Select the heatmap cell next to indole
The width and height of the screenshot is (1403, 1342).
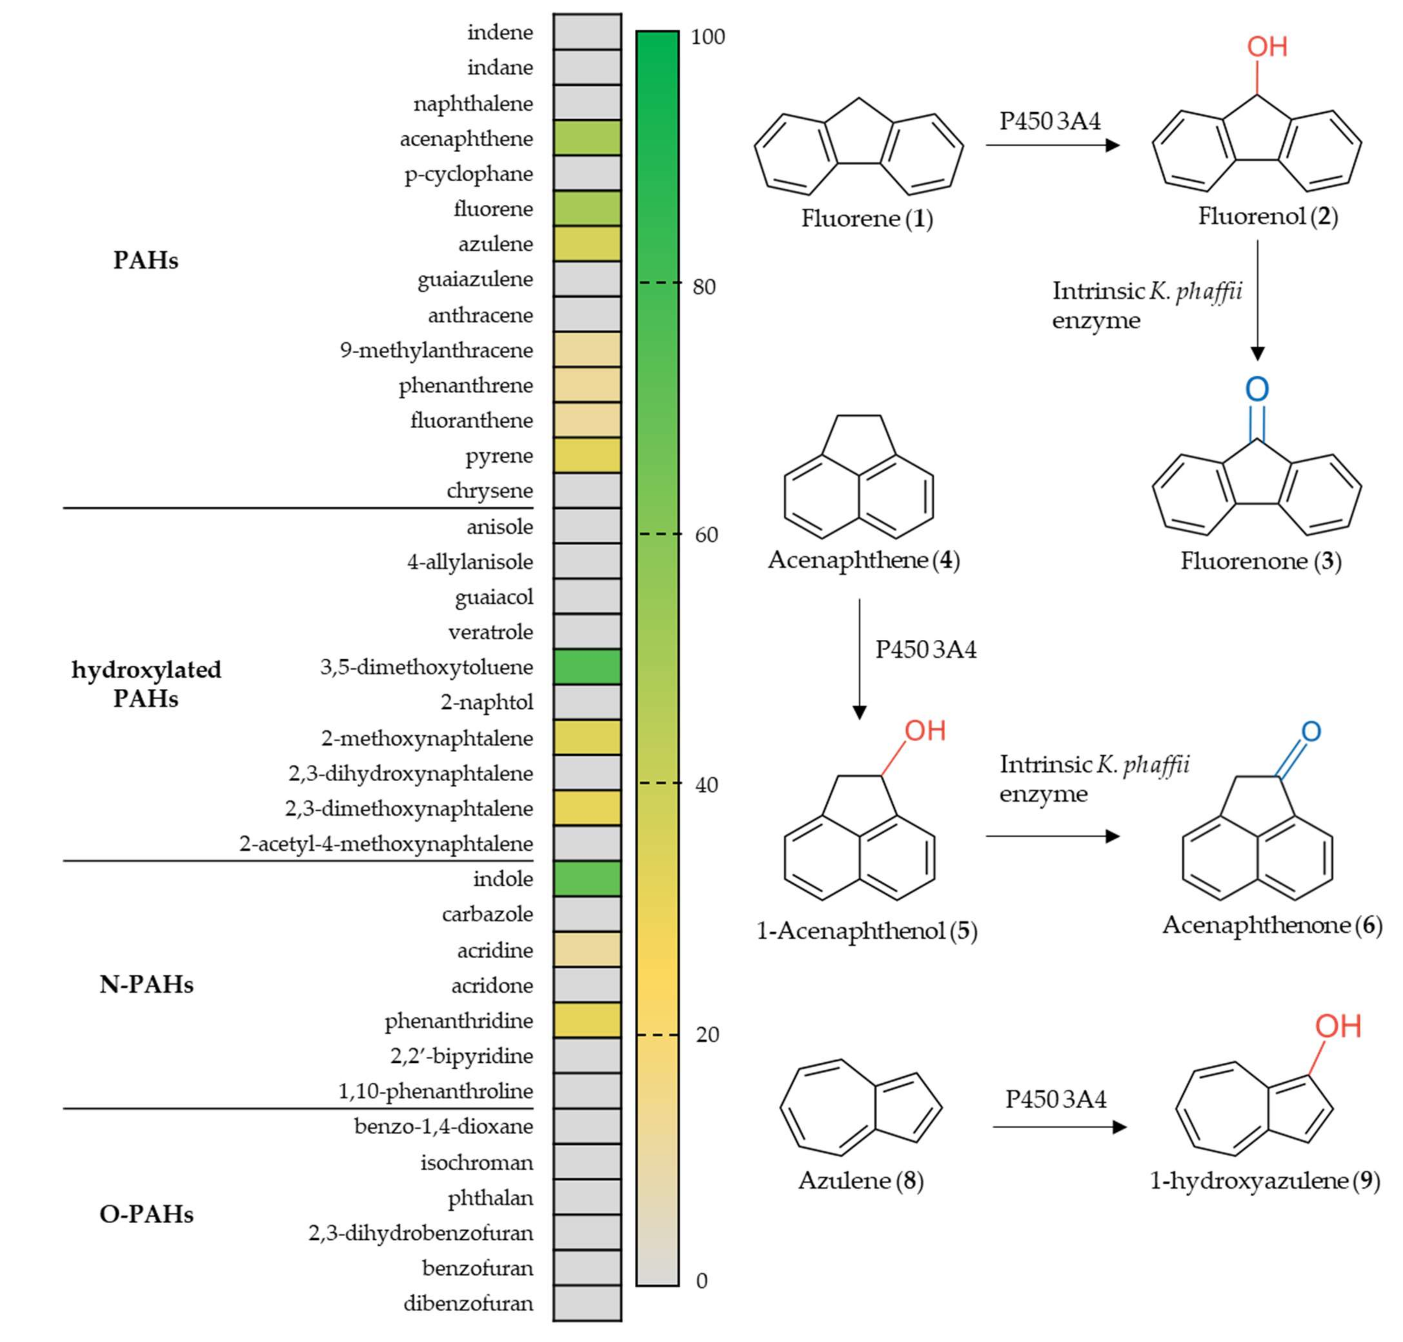(x=587, y=878)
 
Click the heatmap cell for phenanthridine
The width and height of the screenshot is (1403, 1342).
(x=587, y=1020)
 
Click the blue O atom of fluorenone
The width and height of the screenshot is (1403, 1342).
(x=1257, y=389)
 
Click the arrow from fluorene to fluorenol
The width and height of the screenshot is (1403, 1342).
(x=1052, y=145)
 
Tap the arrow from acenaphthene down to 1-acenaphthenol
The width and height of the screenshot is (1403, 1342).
(x=859, y=658)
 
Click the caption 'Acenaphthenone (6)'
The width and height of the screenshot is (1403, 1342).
(x=1271, y=925)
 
